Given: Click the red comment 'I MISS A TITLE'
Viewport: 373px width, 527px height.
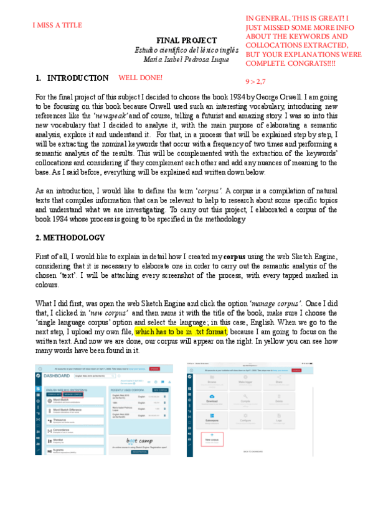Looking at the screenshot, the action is [57, 25].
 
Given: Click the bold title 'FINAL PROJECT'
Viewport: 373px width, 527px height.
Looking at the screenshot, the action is [186, 40].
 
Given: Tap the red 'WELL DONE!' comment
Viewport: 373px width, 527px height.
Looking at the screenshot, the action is [140, 78].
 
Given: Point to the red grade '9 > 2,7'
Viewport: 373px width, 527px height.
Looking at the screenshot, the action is [255, 81].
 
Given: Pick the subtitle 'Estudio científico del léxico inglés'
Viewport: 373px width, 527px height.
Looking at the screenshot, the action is [186, 50].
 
